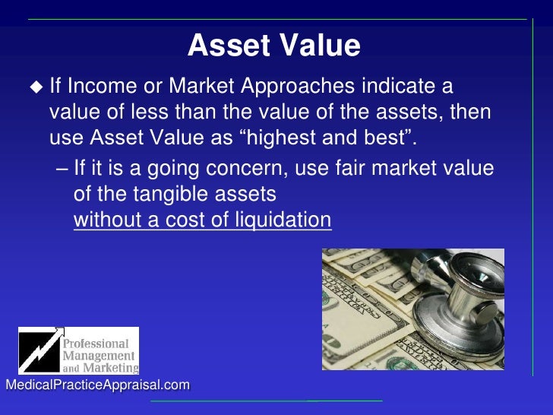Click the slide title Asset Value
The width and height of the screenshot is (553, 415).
(273, 46)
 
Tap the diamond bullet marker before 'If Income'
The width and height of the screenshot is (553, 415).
(36, 87)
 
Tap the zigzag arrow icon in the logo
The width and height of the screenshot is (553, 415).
(39, 350)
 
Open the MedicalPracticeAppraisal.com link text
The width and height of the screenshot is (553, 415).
(97, 385)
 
